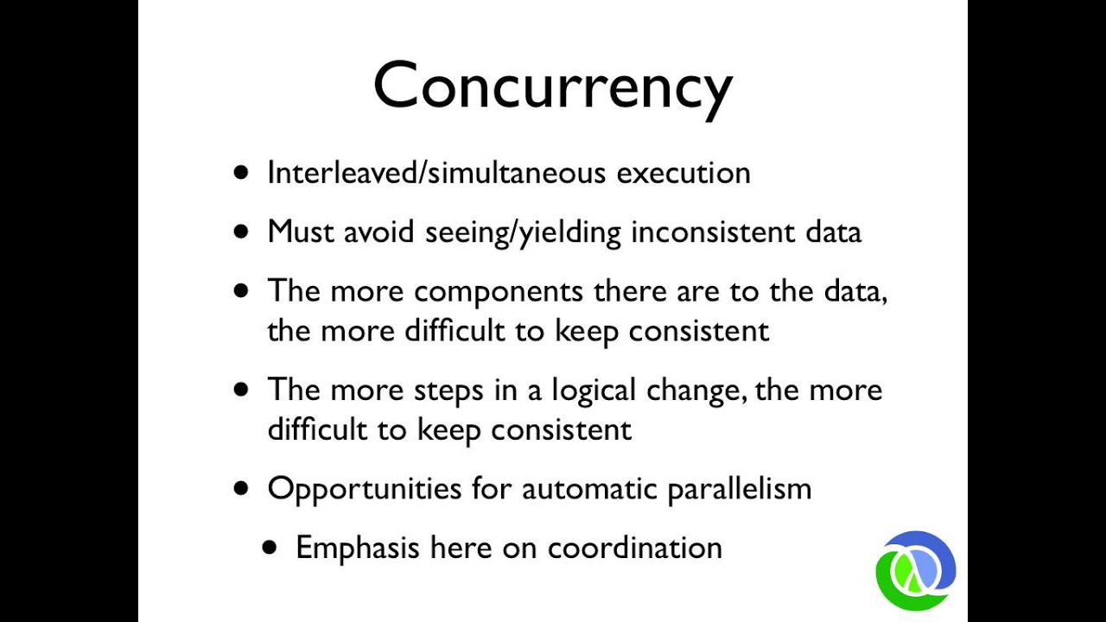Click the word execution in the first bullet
tap(683, 173)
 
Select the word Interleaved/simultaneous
tap(437, 173)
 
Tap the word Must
tap(301, 232)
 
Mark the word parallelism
tap(740, 489)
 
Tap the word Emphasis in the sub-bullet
tap(358, 548)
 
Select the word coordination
tap(635, 548)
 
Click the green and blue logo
tap(916, 569)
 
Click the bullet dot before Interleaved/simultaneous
tap(241, 172)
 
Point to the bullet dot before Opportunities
tap(241, 487)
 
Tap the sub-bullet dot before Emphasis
tap(271, 547)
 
